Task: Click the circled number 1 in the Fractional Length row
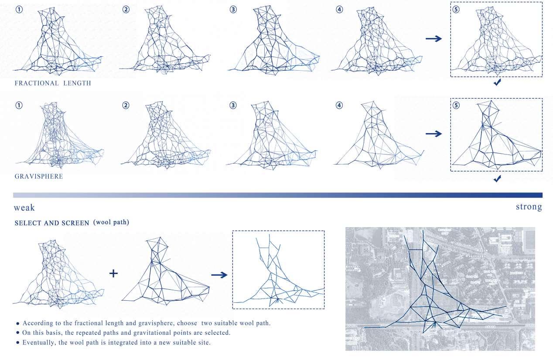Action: [19, 10]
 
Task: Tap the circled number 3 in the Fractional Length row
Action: [233, 10]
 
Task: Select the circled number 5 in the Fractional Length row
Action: [456, 10]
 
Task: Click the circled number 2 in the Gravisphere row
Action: [126, 106]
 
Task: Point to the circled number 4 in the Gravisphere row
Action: [339, 106]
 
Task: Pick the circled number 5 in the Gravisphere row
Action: [456, 106]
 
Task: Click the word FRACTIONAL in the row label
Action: [37, 83]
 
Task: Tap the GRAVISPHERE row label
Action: [39, 176]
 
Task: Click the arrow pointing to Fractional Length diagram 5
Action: [434, 38]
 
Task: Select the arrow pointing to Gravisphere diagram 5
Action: [434, 134]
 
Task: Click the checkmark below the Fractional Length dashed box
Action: [497, 82]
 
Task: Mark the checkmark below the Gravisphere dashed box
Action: [497, 178]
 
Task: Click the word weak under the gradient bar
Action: [24, 208]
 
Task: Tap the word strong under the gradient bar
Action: [529, 206]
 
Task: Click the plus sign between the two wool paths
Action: [113, 274]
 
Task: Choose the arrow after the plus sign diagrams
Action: [219, 275]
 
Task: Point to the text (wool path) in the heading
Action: [111, 223]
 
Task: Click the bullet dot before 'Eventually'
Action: [17, 343]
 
